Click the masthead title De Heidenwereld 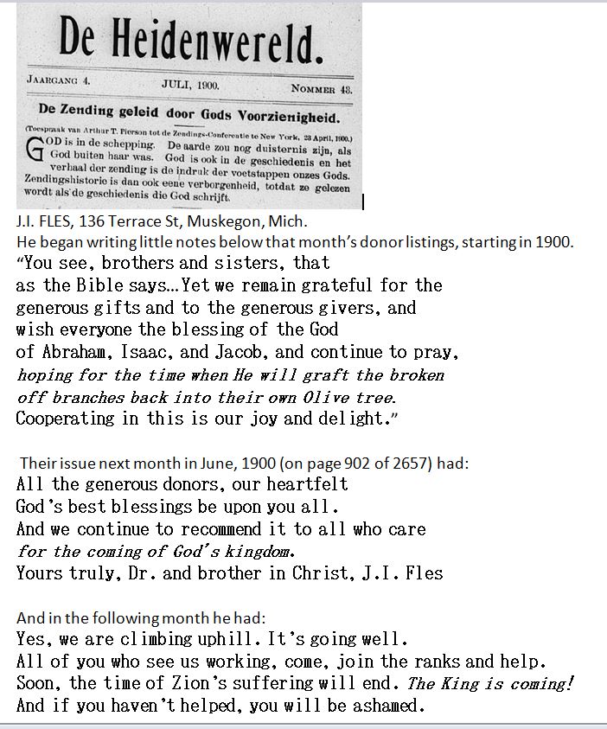(191, 42)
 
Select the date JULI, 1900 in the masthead (190, 85)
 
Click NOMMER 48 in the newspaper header (321, 88)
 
